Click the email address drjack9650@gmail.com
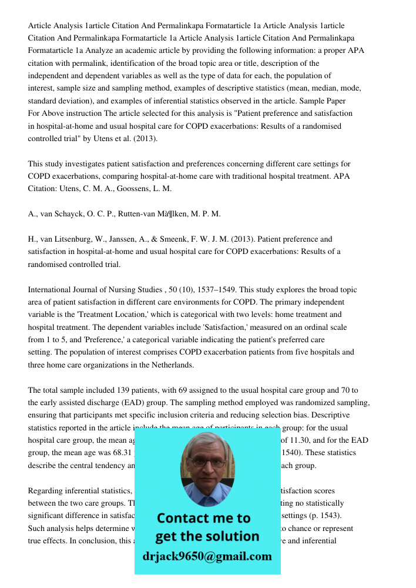pos(207,556)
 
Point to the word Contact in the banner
pos(183,518)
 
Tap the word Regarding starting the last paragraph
pos(46,490)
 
